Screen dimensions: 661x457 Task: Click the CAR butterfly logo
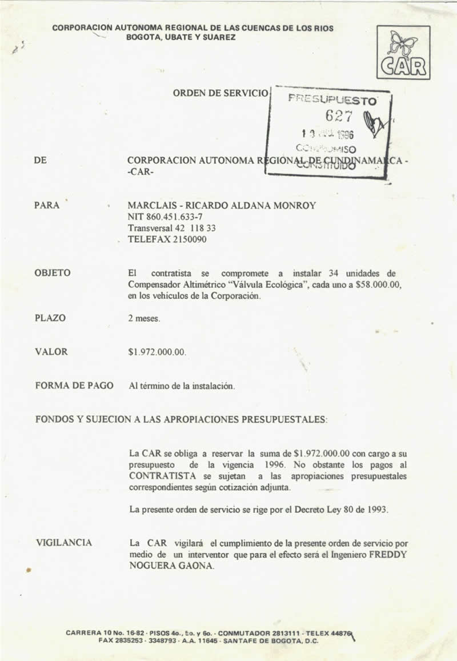coord(403,53)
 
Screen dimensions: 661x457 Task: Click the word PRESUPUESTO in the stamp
coord(332,99)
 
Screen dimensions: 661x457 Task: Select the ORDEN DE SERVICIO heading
coord(220,93)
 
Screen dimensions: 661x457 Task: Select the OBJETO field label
coord(53,273)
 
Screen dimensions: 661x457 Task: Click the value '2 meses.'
coord(145,318)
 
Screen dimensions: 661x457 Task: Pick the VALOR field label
coord(51,352)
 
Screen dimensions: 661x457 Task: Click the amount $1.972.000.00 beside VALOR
coord(158,352)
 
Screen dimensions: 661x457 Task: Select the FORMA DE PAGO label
coord(74,386)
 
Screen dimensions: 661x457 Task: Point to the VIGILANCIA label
coord(63,543)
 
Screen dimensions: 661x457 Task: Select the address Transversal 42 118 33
coord(171,228)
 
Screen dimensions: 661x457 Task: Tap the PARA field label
coord(47,205)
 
